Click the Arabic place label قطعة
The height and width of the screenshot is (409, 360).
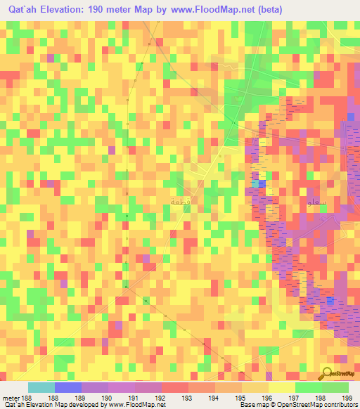(180, 201)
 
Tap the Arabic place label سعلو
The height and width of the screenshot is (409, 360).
(316, 202)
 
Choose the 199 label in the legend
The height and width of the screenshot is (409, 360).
(347, 398)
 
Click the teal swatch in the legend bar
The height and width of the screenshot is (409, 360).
(41, 387)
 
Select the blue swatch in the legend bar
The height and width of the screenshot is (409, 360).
(68, 387)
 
